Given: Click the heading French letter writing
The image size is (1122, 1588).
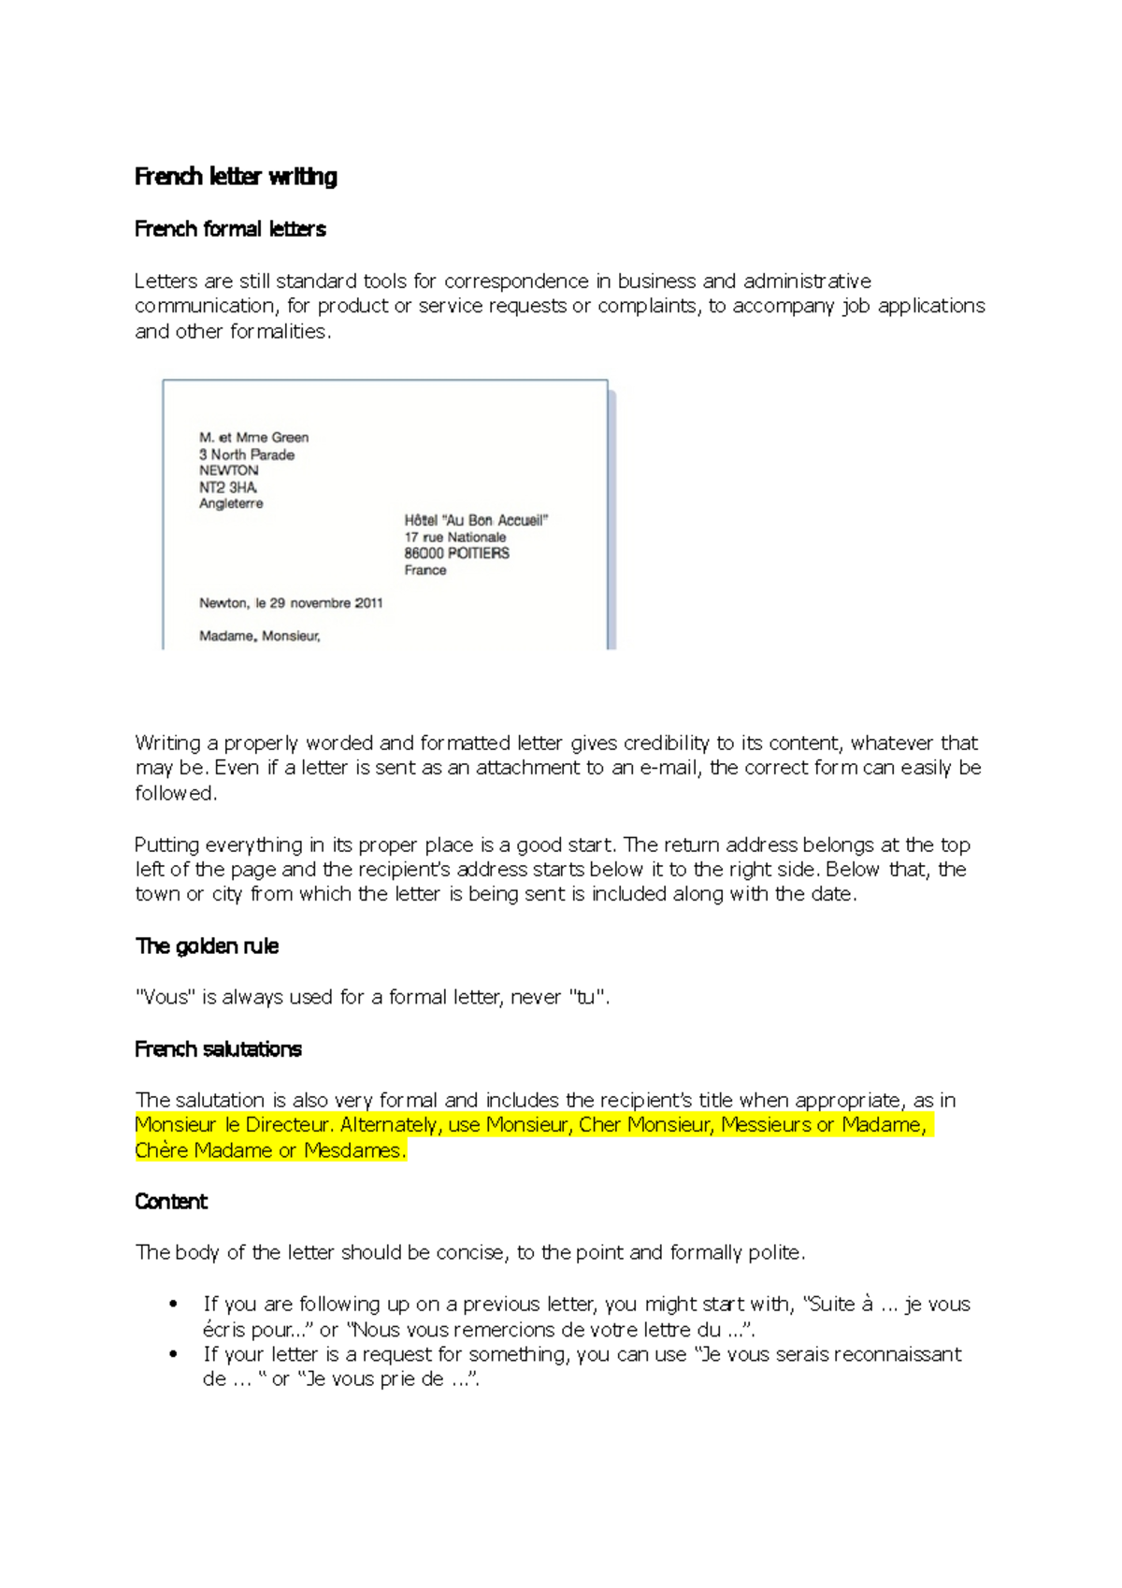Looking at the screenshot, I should [236, 177].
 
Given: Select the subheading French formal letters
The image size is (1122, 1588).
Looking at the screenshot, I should [230, 229].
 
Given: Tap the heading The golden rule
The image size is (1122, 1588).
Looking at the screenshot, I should [207, 946].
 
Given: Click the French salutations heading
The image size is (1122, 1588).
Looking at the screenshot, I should [218, 1049].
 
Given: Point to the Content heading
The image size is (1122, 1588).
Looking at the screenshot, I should [171, 1202].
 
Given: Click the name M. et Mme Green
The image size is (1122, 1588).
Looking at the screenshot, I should [253, 437].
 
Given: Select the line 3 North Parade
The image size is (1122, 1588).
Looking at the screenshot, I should [247, 455].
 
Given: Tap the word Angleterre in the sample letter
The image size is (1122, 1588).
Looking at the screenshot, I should [231, 503].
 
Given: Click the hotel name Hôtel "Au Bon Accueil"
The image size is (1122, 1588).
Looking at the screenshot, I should [476, 520].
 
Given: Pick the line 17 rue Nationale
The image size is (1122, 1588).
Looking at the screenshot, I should [455, 537].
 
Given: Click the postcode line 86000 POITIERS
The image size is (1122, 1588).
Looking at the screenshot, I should [457, 553].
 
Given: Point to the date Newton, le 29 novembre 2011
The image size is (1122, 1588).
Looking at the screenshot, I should [291, 603].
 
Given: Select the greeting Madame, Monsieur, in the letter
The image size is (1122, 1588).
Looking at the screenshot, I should [260, 636].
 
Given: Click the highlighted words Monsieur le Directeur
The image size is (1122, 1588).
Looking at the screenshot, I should [233, 1125].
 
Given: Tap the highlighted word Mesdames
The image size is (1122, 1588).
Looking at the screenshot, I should [355, 1150].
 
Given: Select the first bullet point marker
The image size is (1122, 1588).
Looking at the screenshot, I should [174, 1305].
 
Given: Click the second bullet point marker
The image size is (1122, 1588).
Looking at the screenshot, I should [174, 1354].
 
